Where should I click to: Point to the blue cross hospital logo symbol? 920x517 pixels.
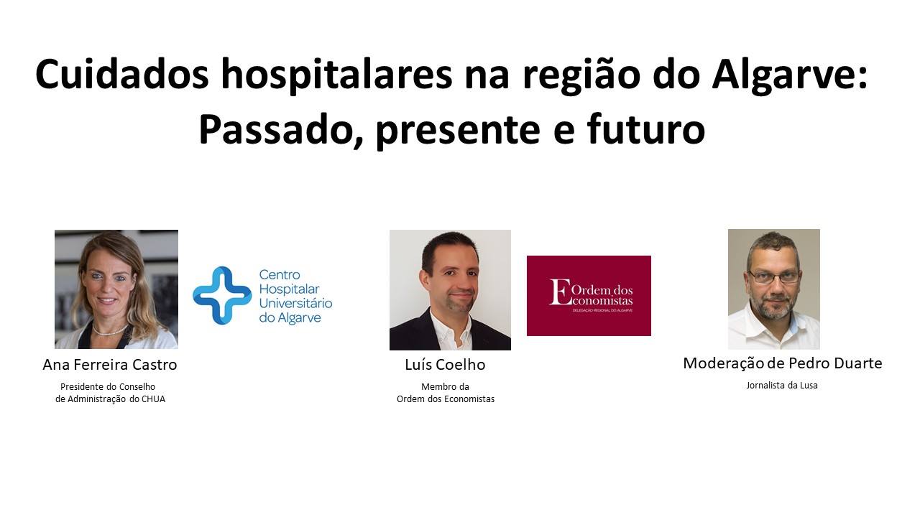pyautogui.click(x=222, y=295)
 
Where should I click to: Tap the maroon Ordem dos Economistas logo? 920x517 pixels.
pyautogui.click(x=589, y=295)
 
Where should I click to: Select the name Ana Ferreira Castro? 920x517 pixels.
pyautogui.click(x=110, y=364)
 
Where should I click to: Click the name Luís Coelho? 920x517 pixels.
pyautogui.click(x=445, y=364)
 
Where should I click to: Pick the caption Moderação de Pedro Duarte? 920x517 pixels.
pyautogui.click(x=783, y=363)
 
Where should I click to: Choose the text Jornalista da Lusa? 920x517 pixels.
pyautogui.click(x=782, y=386)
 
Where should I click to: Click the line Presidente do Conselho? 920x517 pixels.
pyautogui.click(x=108, y=386)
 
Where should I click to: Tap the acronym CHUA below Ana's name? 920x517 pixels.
pyautogui.click(x=153, y=399)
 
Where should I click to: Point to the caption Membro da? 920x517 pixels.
pyautogui.click(x=445, y=386)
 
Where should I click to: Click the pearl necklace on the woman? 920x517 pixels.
pyautogui.click(x=110, y=329)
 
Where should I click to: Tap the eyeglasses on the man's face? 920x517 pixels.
pyautogui.click(x=774, y=276)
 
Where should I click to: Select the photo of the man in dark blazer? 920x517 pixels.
pyautogui.click(x=450, y=289)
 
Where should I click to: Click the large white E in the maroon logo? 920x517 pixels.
pyautogui.click(x=560, y=292)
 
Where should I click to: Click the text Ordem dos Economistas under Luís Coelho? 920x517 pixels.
pyautogui.click(x=445, y=399)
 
